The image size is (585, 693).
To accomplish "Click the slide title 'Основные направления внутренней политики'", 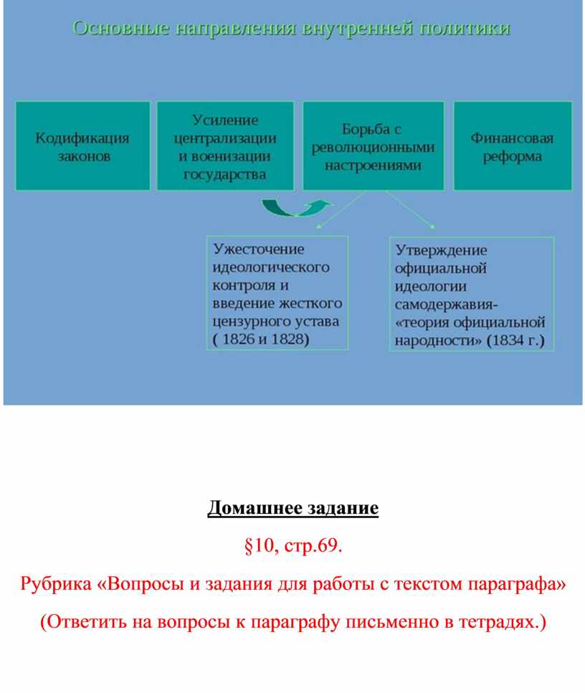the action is (x=291, y=29).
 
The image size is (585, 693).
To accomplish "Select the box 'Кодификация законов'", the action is (x=82, y=146).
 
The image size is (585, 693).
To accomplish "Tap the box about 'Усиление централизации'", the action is (x=225, y=146).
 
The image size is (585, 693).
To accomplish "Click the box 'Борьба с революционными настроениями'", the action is (x=374, y=146).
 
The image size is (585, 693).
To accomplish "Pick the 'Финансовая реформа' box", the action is (x=513, y=146).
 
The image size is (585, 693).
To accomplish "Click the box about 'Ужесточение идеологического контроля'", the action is (x=277, y=293).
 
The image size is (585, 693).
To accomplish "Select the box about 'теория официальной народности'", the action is (x=471, y=294).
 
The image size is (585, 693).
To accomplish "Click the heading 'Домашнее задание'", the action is (x=292, y=508).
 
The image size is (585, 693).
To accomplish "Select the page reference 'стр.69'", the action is (x=313, y=546).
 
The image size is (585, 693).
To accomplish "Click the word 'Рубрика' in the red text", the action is (x=56, y=584).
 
